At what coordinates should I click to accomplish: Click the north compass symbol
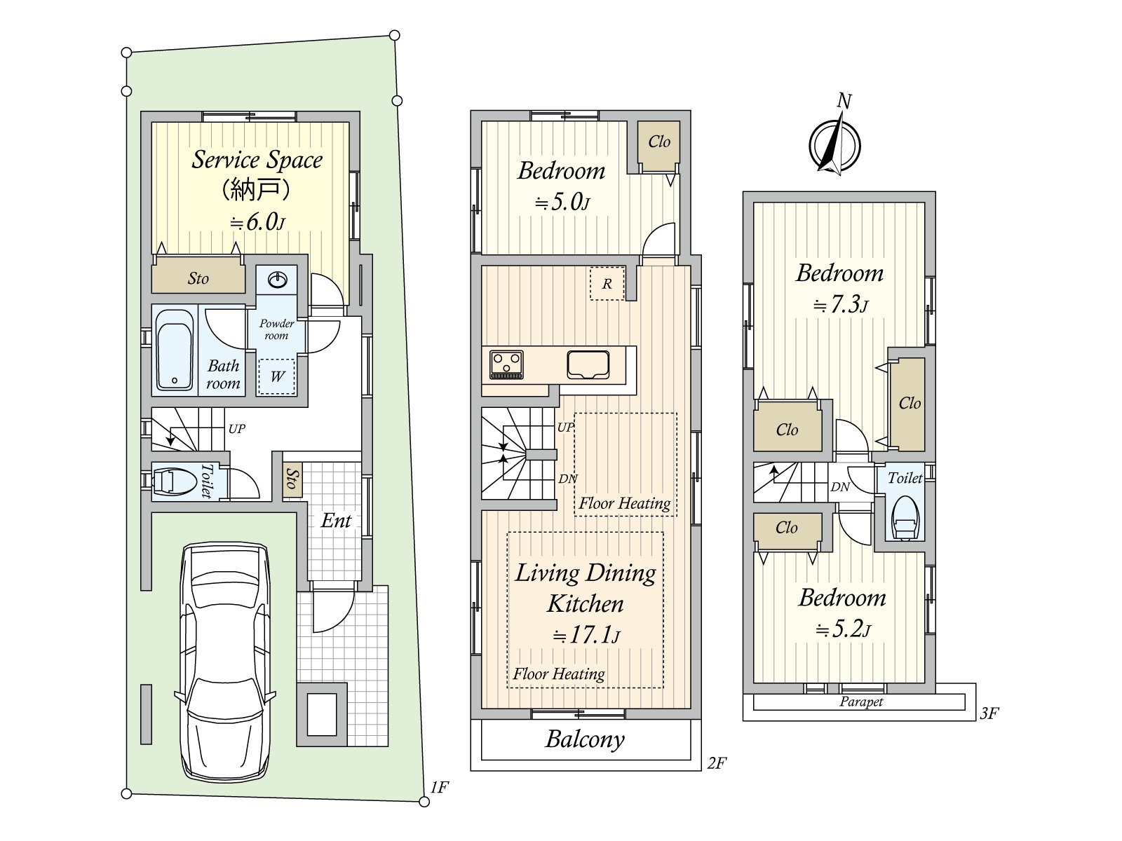pyautogui.click(x=834, y=145)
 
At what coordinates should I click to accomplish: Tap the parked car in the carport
pyautogui.click(x=225, y=662)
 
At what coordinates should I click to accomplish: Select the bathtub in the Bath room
pyautogui.click(x=175, y=350)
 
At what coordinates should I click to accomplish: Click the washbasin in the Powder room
pyautogui.click(x=278, y=280)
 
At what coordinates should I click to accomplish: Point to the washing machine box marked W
pyautogui.click(x=276, y=377)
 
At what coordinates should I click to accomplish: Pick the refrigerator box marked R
pyautogui.click(x=607, y=283)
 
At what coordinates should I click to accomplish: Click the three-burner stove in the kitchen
pyautogui.click(x=506, y=364)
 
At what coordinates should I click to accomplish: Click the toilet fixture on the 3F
pyautogui.click(x=904, y=518)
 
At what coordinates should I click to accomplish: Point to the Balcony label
pyautogui.click(x=585, y=739)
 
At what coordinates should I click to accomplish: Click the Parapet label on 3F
pyautogui.click(x=861, y=702)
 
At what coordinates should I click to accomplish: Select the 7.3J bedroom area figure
pyautogui.click(x=840, y=305)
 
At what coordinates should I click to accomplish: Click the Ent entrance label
pyautogui.click(x=336, y=520)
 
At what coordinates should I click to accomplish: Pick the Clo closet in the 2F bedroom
pyautogui.click(x=659, y=146)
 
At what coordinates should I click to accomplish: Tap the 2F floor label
pyautogui.click(x=717, y=763)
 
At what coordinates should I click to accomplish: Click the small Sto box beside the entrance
pyautogui.click(x=292, y=479)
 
